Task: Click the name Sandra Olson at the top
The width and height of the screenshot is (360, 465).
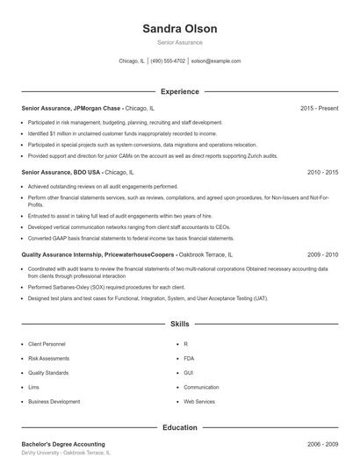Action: tap(179, 29)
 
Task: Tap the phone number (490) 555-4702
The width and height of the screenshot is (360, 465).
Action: tap(168, 61)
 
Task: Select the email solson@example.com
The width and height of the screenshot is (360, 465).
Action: tap(215, 61)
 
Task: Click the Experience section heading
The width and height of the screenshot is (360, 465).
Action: tap(179, 91)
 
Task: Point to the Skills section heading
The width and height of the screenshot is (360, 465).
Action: tap(179, 324)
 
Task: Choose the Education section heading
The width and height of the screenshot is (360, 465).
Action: tap(179, 427)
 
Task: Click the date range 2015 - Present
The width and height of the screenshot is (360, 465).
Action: tap(319, 108)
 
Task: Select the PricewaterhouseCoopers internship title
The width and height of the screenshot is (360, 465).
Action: tap(97, 254)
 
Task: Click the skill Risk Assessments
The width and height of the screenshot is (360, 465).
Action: tap(47, 359)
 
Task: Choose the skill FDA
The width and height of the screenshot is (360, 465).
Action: tap(189, 359)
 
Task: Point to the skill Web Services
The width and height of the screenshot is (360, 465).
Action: tap(198, 401)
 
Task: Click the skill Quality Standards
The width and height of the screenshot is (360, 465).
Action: tap(48, 373)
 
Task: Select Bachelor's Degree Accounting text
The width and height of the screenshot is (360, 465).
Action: tap(62, 445)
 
